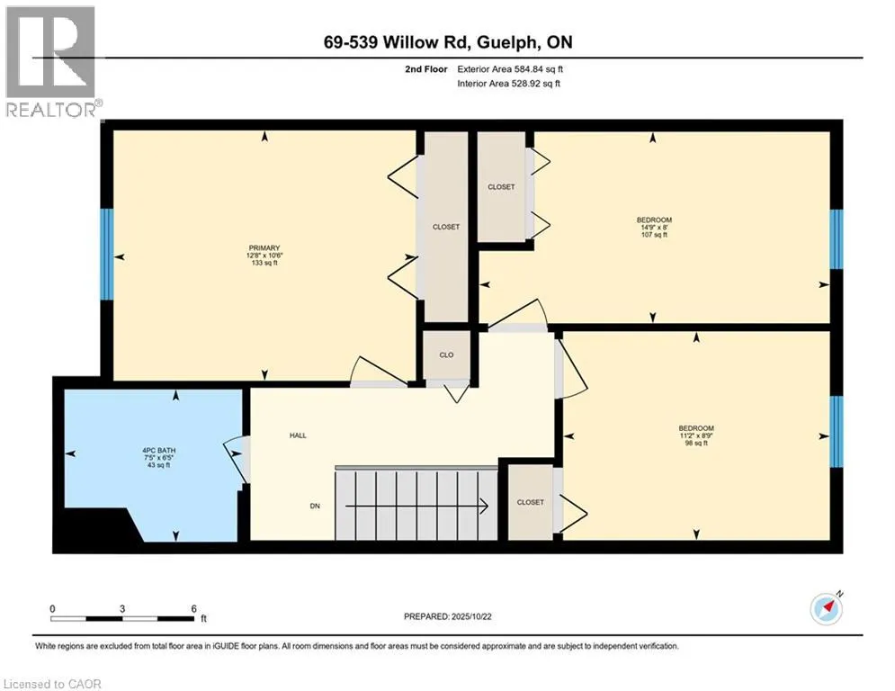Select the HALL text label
(298, 435)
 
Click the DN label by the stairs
(315, 507)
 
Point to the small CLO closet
(446, 354)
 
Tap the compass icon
(825, 608)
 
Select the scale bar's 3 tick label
(121, 608)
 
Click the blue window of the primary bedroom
(106, 255)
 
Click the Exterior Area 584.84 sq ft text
(511, 68)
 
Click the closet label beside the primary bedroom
(446, 227)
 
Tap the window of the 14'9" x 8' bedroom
(836, 239)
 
